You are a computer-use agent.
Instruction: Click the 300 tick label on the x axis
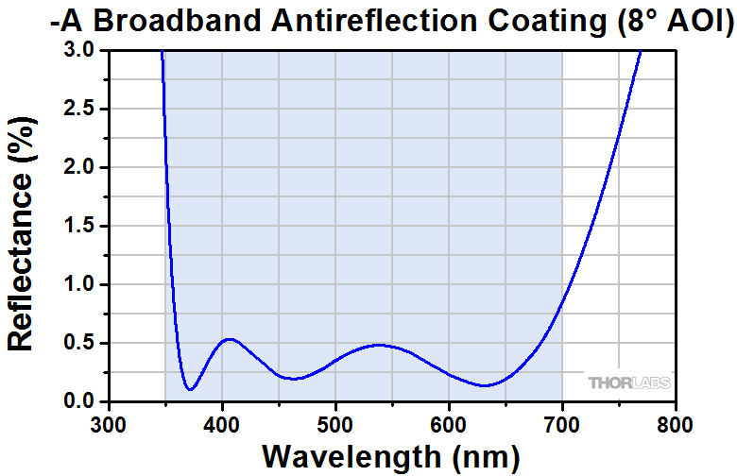pyautogui.click(x=108, y=422)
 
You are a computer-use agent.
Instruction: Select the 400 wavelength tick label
pyautogui.click(x=221, y=422)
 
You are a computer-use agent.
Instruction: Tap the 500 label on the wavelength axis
pyautogui.click(x=334, y=422)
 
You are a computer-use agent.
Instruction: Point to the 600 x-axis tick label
pyautogui.click(x=448, y=422)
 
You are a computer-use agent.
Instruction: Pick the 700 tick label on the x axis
pyautogui.click(x=561, y=422)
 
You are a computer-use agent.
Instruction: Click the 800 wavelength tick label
pyautogui.click(x=675, y=422)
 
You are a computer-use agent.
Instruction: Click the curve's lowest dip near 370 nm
pyautogui.click(x=191, y=389)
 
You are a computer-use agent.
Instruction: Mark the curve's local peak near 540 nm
pyautogui.click(x=379, y=345)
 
